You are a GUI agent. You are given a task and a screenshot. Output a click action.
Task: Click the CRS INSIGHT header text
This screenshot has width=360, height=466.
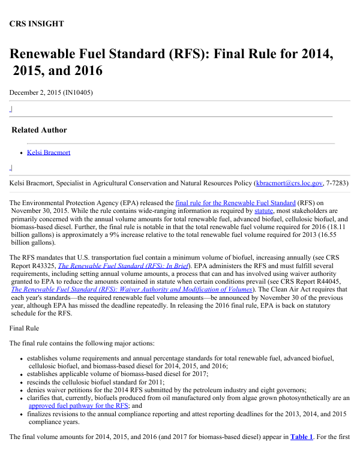click(x=37, y=24)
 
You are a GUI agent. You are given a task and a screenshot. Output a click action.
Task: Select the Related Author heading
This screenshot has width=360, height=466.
click(x=40, y=130)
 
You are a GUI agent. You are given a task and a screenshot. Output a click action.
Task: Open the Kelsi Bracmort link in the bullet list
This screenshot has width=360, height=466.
click(x=49, y=152)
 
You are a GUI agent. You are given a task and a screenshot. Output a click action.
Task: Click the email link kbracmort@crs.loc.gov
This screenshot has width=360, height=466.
click(x=289, y=182)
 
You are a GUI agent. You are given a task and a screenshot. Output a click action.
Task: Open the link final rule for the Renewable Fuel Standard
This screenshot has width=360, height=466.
click(x=235, y=203)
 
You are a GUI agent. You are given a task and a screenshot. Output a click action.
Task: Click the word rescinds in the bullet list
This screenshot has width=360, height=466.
click(x=43, y=381)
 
